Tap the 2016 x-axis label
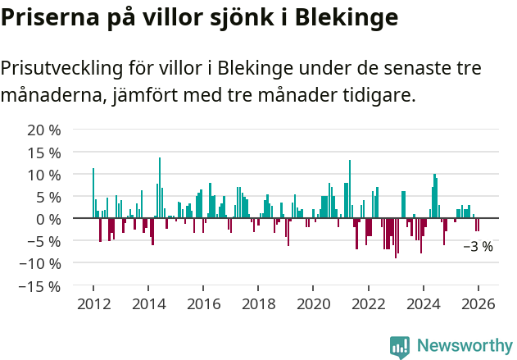tap(202, 303)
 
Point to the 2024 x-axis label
tap(423, 303)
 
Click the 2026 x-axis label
tap(478, 303)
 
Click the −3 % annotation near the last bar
tap(478, 246)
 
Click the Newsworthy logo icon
tap(400, 346)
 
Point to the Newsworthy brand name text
tap(465, 346)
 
